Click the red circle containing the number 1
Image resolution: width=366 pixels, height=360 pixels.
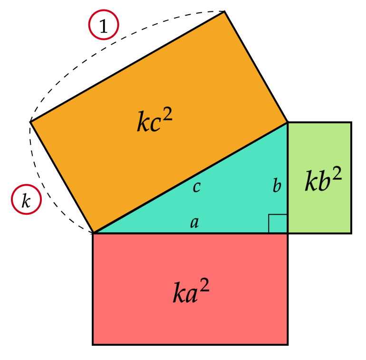pos(104,25)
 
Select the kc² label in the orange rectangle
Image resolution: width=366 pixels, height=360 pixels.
pos(154,121)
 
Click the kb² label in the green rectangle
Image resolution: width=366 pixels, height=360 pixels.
pos(323,182)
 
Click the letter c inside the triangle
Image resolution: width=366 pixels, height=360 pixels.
pos(196,187)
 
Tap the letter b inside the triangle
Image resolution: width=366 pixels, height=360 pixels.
pos(277,186)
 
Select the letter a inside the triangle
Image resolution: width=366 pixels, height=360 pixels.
pos(194,222)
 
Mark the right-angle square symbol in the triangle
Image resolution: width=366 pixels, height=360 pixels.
pos(278,224)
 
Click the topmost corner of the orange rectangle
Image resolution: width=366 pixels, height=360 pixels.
pos(224,11)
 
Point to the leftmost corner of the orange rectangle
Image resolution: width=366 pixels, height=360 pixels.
pos(30,122)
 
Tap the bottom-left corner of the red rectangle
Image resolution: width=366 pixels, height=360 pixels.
pos(93,344)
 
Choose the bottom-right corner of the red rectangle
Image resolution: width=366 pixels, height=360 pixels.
pos(288,344)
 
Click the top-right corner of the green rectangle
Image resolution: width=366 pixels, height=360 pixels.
pos(351,123)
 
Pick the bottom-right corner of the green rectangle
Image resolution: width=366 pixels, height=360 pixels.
pos(351,233)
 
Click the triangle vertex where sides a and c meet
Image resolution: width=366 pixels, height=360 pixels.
pos(94,233)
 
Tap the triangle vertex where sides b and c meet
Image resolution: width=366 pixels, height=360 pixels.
pos(288,123)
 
